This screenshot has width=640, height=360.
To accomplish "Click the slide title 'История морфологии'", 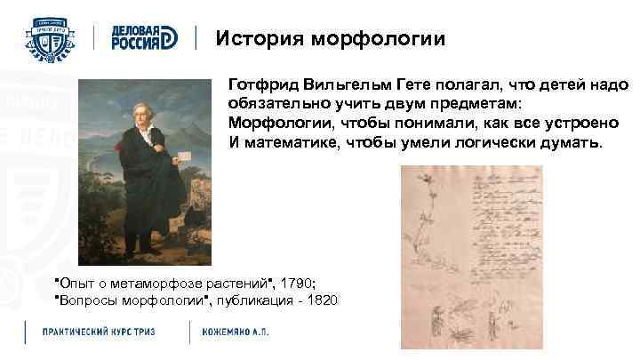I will [x=331, y=39].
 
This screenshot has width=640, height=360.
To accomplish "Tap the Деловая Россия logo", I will [x=144, y=37].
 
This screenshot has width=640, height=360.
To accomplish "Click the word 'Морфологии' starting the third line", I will [x=271, y=124].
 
